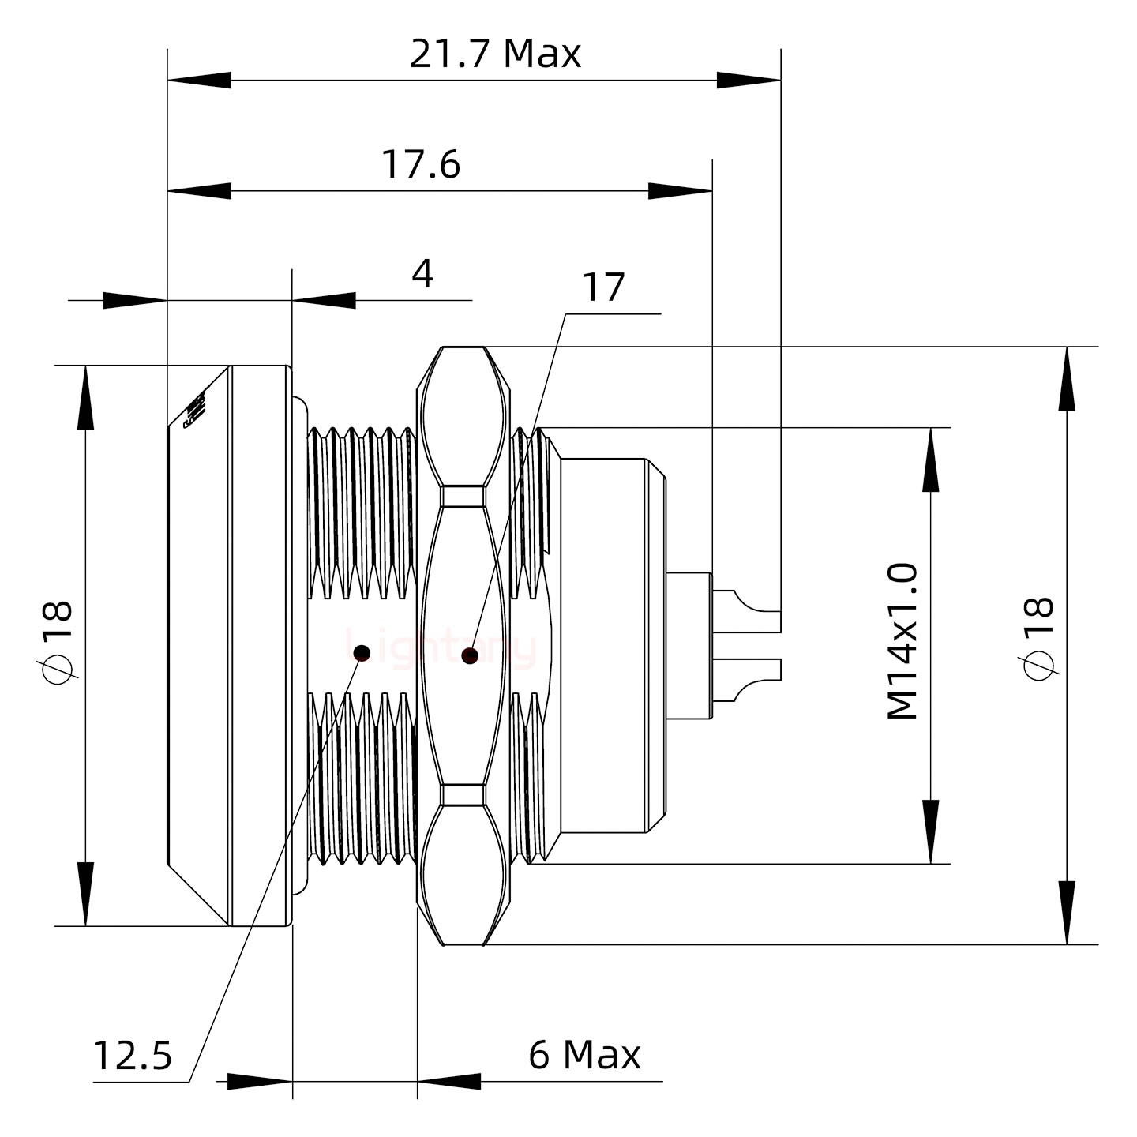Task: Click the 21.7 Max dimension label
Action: click(x=495, y=54)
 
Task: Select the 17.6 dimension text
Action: click(x=421, y=165)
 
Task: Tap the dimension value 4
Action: click(x=422, y=275)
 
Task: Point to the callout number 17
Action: click(x=603, y=287)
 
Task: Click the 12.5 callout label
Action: click(x=133, y=1055)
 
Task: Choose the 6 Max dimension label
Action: click(x=584, y=1055)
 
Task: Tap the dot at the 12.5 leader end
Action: click(x=362, y=653)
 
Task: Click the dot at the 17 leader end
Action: click(x=470, y=655)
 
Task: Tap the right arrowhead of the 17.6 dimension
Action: click(x=680, y=190)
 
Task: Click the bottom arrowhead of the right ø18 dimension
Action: click(x=1067, y=912)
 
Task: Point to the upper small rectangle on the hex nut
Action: click(x=463, y=496)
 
